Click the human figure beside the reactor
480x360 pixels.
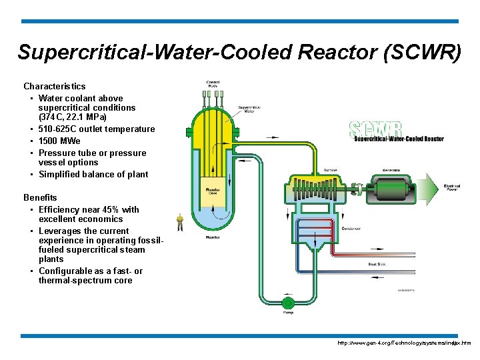point(180,221)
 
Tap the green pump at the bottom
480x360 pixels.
point(288,303)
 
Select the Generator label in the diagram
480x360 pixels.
point(391,169)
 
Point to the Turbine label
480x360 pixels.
point(330,169)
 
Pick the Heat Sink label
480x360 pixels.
point(377,265)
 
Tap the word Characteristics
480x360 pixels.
point(55,86)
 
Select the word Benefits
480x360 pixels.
point(40,197)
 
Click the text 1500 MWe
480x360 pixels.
point(59,141)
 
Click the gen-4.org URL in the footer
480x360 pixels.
point(404,343)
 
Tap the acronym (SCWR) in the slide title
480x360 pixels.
point(422,53)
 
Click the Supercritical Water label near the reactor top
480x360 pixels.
point(249,109)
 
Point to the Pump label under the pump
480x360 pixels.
point(288,311)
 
